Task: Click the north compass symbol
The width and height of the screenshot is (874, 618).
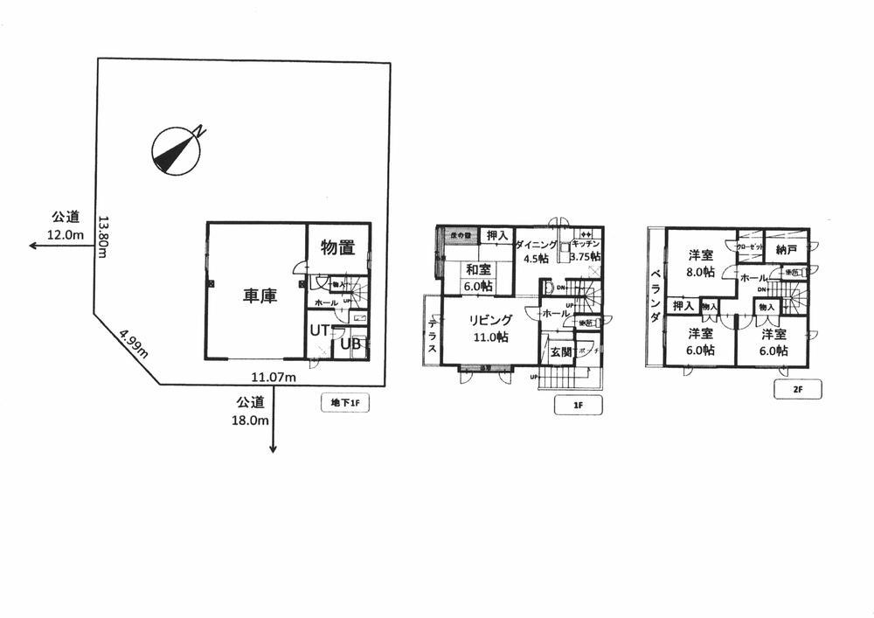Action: point(178,149)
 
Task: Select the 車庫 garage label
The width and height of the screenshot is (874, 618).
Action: point(260,296)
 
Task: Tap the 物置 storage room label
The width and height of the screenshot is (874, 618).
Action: point(337,247)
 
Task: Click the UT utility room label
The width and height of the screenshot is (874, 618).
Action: point(320,332)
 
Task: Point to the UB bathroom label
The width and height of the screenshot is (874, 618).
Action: point(350,344)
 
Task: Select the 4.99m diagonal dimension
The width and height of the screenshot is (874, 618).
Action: point(134,344)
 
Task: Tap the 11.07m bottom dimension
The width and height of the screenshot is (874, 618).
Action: point(273,377)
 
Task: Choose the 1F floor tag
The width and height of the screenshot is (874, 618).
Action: point(578,405)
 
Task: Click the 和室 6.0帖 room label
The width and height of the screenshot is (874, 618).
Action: point(477,277)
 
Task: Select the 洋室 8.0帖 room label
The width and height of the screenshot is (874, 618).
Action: point(701,263)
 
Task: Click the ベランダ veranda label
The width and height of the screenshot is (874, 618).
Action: point(655,297)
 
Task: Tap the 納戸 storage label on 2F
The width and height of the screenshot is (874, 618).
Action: point(787,249)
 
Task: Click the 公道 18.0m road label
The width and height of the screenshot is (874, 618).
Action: point(250,411)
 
